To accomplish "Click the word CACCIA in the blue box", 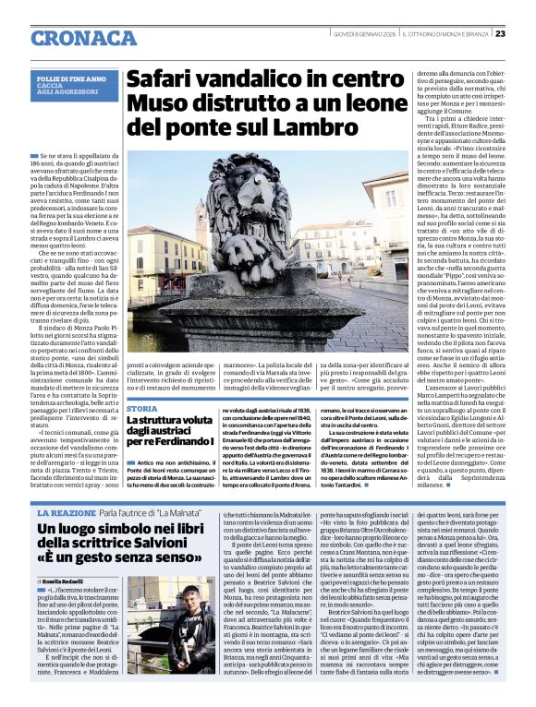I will click(x=50, y=88).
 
